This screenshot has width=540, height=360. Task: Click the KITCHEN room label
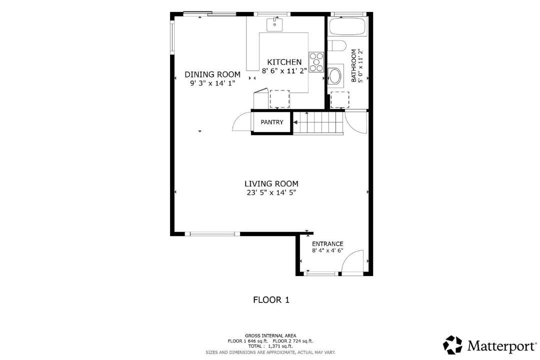(284, 62)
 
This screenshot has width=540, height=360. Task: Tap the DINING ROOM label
(212, 74)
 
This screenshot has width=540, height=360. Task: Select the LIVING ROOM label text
(271, 184)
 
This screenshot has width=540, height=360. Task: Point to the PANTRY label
(271, 122)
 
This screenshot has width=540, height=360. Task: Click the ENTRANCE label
(327, 244)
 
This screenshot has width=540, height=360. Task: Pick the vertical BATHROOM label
(353, 65)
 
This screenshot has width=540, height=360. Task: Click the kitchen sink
(274, 24)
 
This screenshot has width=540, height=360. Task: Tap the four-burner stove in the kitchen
(316, 62)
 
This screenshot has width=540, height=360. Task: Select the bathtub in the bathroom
(347, 26)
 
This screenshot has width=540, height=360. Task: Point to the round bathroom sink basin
(334, 76)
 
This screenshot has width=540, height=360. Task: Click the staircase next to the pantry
(318, 122)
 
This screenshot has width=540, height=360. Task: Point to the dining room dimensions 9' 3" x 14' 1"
(212, 83)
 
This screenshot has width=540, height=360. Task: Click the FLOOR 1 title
(271, 300)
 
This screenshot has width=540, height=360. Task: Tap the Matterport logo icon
(452, 345)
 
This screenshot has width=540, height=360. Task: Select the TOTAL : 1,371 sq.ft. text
(270, 346)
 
